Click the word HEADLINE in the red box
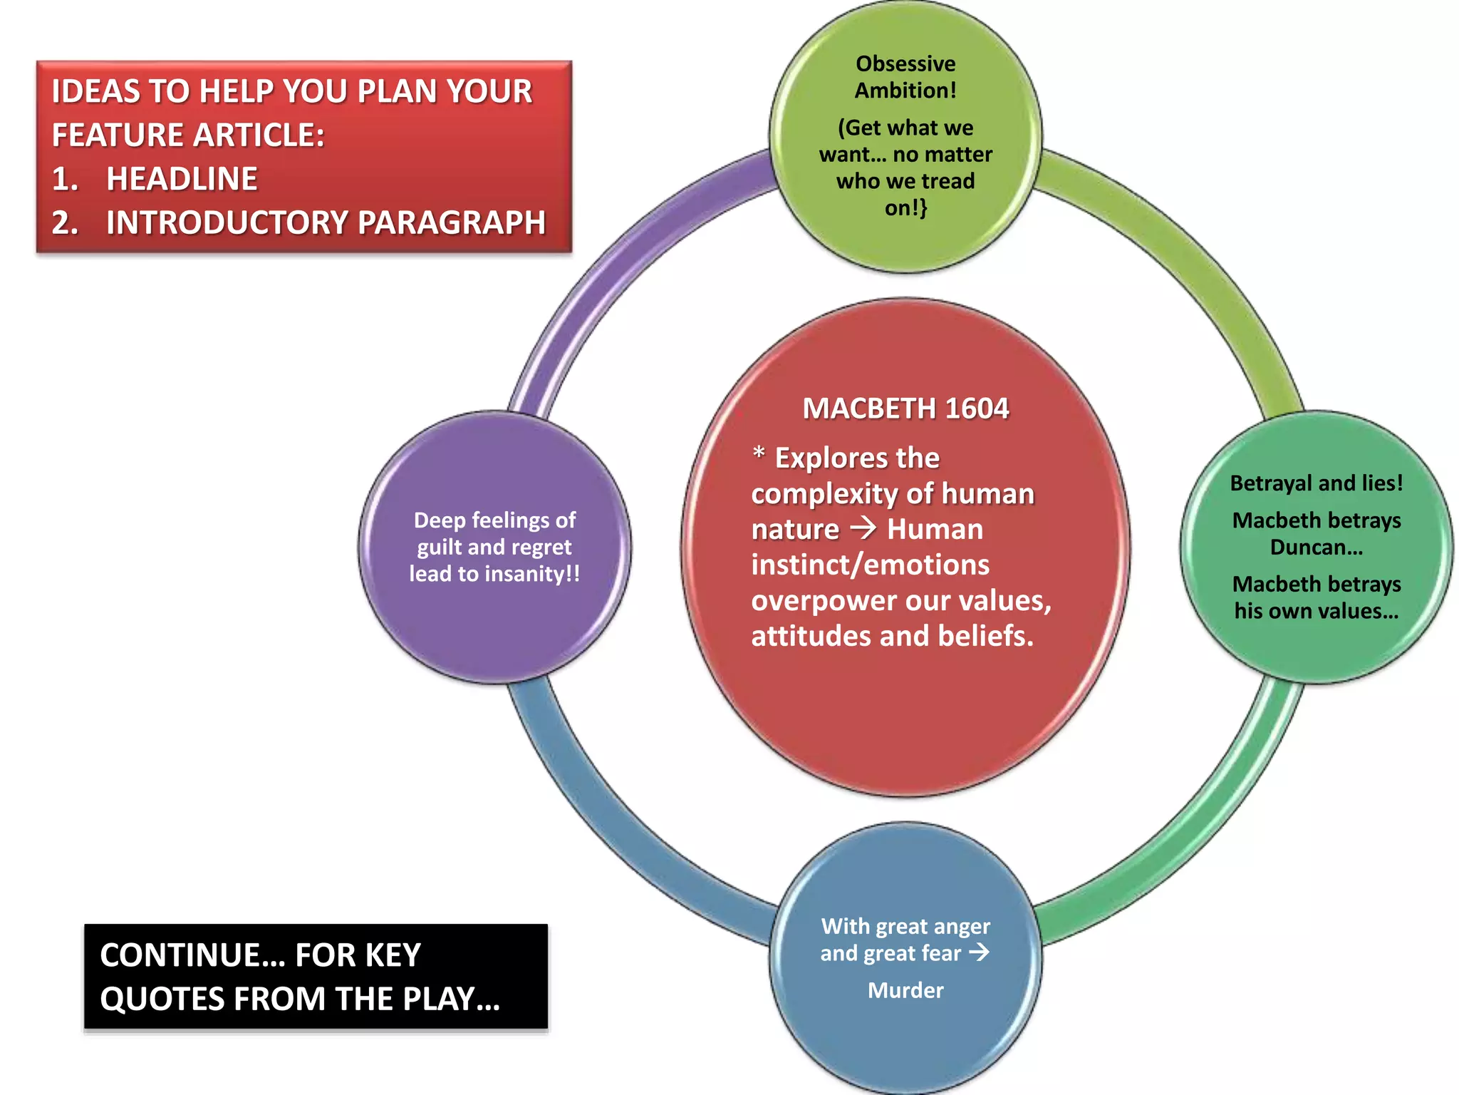click(182, 179)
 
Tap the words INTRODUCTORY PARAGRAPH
click(326, 222)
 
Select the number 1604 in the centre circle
click(977, 408)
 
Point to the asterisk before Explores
click(759, 453)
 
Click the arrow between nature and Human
click(863, 528)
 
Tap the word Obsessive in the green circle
click(905, 63)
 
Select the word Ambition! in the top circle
click(905, 91)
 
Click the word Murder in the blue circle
click(905, 990)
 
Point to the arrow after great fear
click(980, 952)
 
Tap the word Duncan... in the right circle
click(1316, 547)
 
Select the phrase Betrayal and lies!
click(1316, 483)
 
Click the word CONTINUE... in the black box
click(192, 955)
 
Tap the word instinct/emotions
click(870, 565)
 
